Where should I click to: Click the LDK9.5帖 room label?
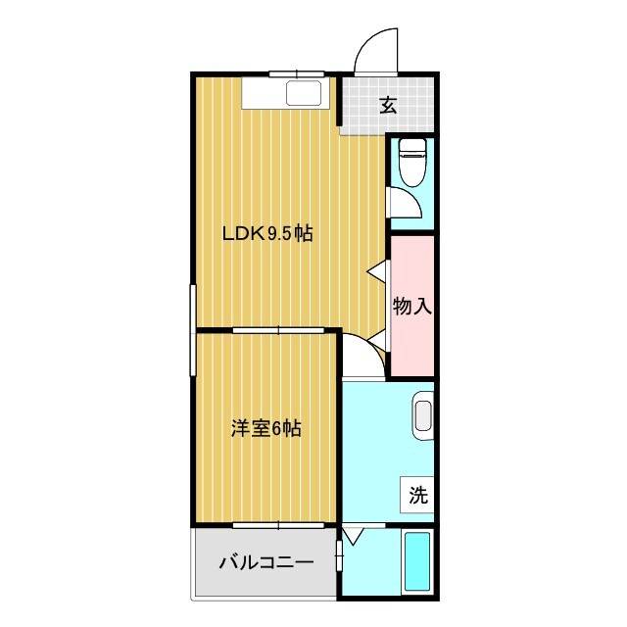pyautogui.click(x=266, y=234)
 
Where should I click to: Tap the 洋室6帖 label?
pyautogui.click(x=265, y=428)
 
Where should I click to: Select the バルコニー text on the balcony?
pyautogui.click(x=265, y=563)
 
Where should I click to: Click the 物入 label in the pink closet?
pyautogui.click(x=411, y=306)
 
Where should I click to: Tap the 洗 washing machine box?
pyautogui.click(x=418, y=495)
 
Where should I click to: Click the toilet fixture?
pyautogui.click(x=412, y=162)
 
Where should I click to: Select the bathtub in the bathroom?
pyautogui.click(x=418, y=564)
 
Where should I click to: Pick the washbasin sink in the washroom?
pyautogui.click(x=423, y=412)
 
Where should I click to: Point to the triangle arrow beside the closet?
pyautogui.click(x=376, y=270)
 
